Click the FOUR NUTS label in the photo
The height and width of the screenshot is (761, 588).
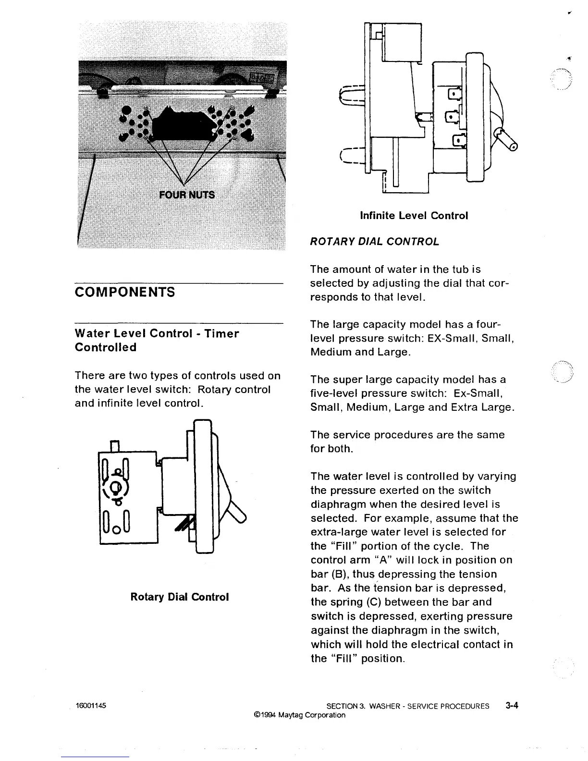(187, 195)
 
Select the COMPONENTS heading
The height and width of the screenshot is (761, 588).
(125, 292)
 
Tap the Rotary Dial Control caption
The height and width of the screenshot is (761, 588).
(180, 597)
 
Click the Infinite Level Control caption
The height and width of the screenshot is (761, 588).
(414, 216)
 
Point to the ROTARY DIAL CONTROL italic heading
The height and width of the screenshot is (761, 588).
(375, 242)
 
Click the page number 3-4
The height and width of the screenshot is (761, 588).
(512, 706)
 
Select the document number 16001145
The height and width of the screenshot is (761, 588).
(91, 706)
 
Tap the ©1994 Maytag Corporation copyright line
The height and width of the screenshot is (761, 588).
(299, 715)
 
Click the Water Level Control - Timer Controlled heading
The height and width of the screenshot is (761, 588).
(157, 340)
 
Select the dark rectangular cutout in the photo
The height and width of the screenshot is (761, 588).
(182, 126)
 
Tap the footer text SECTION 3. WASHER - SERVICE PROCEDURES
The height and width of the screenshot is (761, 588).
(408, 706)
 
